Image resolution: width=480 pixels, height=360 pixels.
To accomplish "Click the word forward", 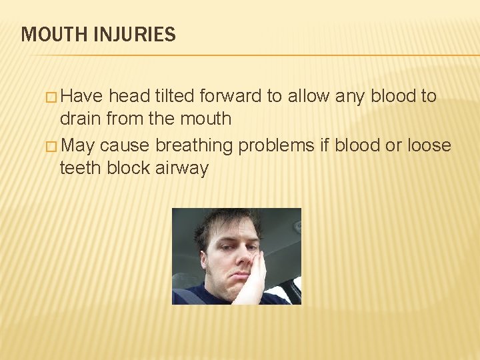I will coord(230,97).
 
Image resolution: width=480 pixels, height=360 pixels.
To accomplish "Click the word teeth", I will coord(80,168).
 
